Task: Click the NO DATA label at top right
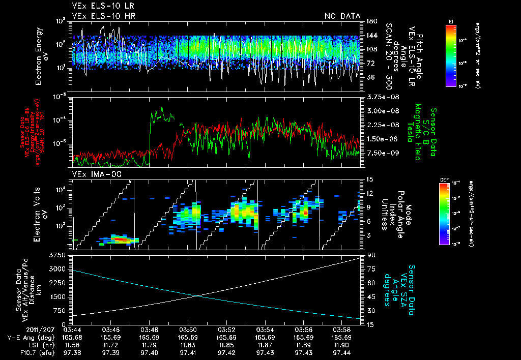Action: coord(342,16)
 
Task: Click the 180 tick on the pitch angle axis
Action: coord(370,21)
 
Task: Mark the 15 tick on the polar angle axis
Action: coord(369,179)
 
